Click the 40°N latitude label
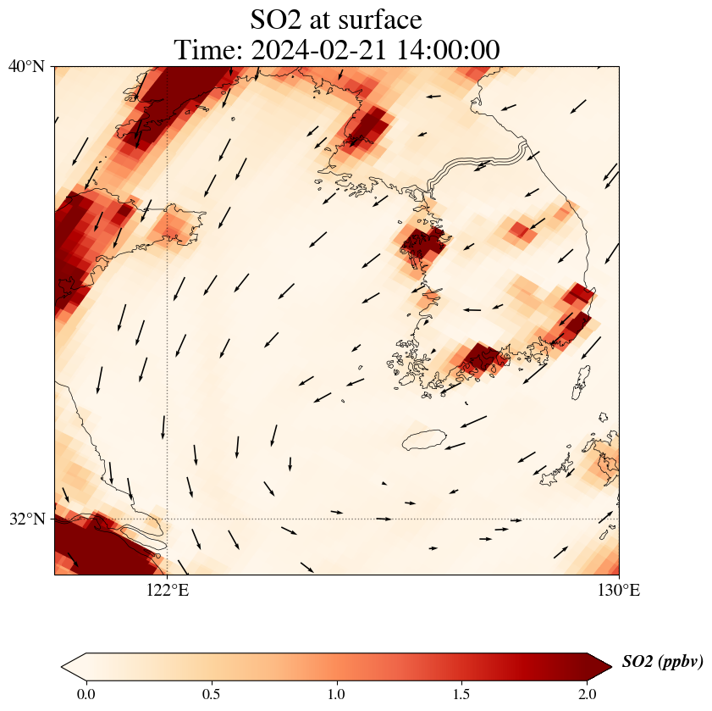[x=26, y=66]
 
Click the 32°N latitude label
[x=26, y=519]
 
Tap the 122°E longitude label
[x=168, y=591]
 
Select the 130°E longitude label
[x=619, y=591]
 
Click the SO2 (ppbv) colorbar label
[x=662, y=662]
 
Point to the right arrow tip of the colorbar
[x=610, y=667]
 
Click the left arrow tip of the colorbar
[x=63, y=667]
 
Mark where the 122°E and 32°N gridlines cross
[x=168, y=519]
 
